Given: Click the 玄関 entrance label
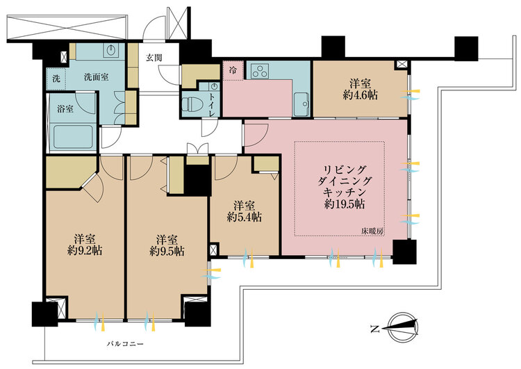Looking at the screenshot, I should tap(154, 58).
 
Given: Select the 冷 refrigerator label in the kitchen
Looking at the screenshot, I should tap(232, 69).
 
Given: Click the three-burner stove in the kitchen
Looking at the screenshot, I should tap(259, 71).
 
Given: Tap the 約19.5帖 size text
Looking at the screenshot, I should tap(345, 205).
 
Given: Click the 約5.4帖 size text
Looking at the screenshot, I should tap(245, 217).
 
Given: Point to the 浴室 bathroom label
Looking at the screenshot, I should tap(66, 109).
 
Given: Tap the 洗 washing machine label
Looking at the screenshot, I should tap(56, 79).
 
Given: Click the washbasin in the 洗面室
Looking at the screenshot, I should tap(111, 51).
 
